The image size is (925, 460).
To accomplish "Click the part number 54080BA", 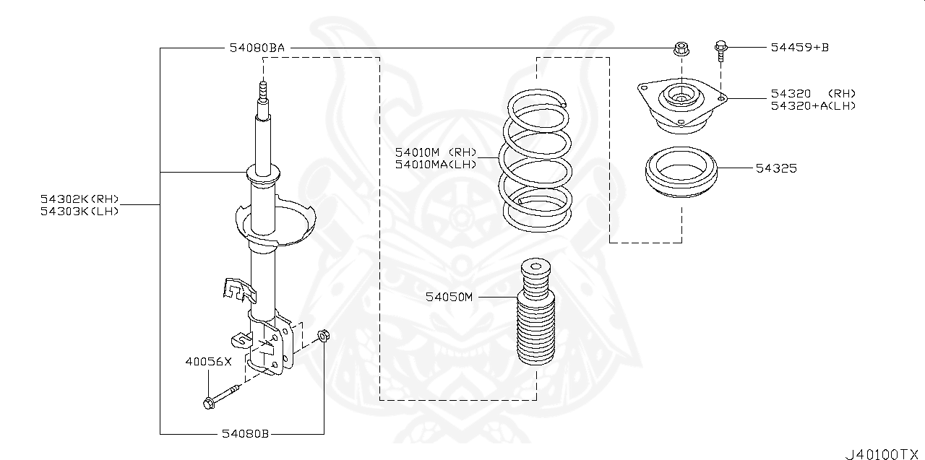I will tap(257, 48).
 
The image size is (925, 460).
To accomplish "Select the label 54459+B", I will tap(799, 48).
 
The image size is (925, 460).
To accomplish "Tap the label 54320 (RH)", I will tap(812, 94).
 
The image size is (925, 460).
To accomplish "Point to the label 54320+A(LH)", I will tap(812, 105).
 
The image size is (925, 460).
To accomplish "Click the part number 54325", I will tap(776, 168).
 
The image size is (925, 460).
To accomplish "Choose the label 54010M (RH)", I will tap(436, 152).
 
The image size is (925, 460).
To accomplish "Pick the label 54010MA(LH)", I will tap(436, 164).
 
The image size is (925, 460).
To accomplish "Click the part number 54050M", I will tap(448, 297).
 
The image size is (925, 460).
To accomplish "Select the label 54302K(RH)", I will tap(79, 199).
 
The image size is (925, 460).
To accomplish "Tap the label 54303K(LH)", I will tap(79, 211).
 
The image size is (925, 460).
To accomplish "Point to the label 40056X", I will tap(207, 362).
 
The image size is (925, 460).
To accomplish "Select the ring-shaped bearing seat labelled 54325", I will tap(679, 173).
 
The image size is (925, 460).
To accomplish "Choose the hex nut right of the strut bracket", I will tap(324, 336).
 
